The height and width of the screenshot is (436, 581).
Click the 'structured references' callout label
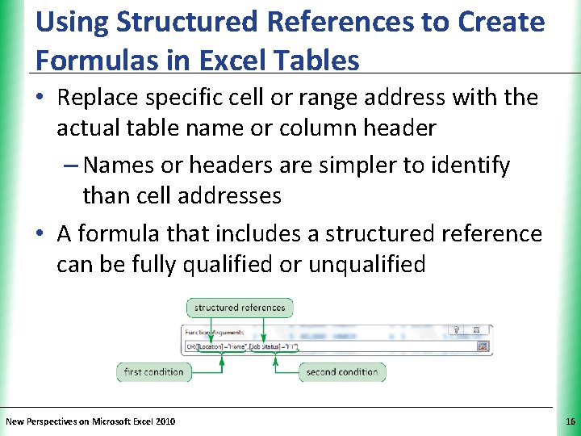(x=240, y=307)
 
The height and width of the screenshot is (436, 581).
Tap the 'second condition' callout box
(x=342, y=372)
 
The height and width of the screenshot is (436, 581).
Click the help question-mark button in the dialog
(x=457, y=330)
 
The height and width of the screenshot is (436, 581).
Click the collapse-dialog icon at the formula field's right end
(x=483, y=346)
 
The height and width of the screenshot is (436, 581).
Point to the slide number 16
(x=571, y=421)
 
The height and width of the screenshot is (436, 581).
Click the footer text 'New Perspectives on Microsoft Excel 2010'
(x=90, y=421)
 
